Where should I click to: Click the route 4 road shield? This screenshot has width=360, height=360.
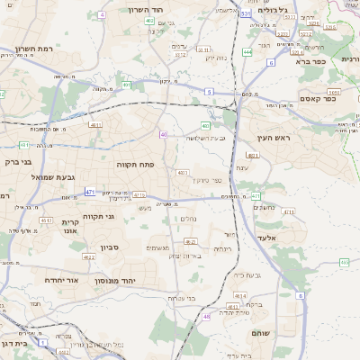click(103, 15)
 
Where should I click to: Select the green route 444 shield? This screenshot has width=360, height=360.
click(247, 52)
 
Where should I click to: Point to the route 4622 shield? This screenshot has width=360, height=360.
click(88, 257)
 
